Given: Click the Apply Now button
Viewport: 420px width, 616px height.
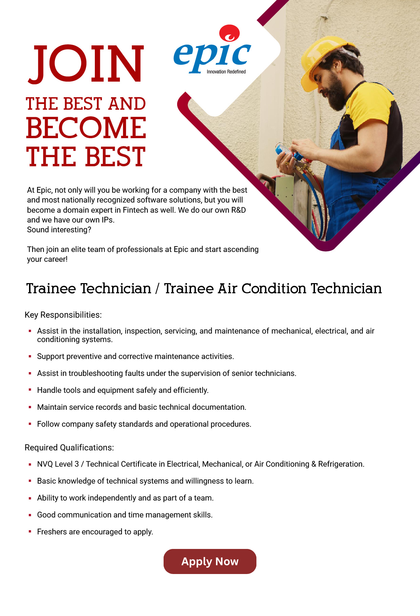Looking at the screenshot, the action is click(x=210, y=561).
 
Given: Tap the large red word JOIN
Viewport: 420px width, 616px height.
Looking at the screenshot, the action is click(x=86, y=64).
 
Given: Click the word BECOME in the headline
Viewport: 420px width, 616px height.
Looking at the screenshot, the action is click(x=86, y=128).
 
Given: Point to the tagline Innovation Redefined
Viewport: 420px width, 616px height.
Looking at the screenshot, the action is click(x=226, y=72).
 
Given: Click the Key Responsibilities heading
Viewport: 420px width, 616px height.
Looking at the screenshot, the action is click(x=63, y=315).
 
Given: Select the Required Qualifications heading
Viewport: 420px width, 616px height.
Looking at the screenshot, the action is click(x=69, y=448).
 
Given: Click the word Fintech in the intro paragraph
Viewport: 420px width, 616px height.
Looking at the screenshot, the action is click(x=135, y=210).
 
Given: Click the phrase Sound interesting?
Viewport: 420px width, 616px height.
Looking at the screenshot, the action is click(x=59, y=230).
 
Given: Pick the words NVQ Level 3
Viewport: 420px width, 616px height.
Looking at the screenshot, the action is click(x=58, y=464).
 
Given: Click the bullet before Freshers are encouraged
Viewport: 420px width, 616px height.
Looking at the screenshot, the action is click(x=30, y=531).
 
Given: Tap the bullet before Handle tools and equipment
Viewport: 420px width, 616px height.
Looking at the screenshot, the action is click(x=30, y=390).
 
